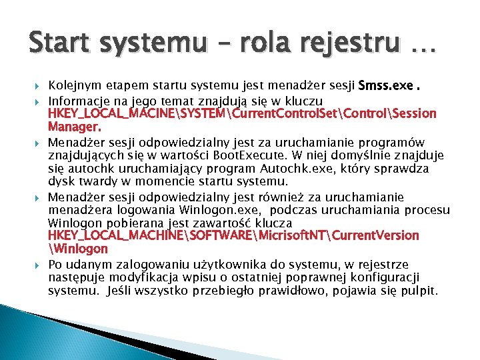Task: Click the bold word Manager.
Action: coord(75,127)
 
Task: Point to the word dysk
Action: coord(61,181)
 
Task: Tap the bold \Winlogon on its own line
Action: coord(78,249)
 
